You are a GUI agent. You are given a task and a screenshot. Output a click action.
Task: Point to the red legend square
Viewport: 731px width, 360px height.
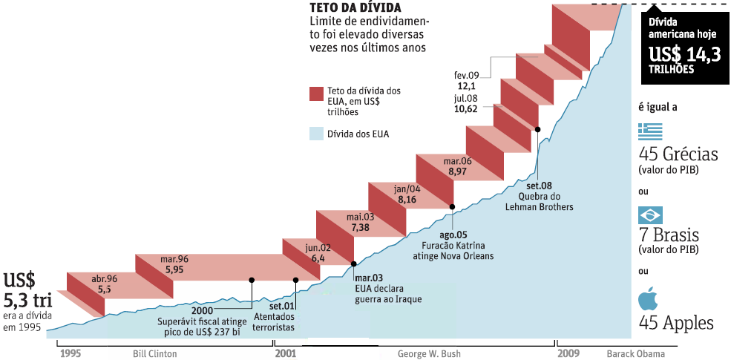316,93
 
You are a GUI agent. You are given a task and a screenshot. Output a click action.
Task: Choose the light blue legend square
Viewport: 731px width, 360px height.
316,134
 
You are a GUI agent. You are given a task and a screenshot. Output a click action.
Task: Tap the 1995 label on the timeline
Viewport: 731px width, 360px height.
71,353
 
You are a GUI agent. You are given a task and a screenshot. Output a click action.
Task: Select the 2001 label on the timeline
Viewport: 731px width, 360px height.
286,353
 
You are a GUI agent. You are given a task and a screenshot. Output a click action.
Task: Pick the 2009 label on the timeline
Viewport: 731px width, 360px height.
568,353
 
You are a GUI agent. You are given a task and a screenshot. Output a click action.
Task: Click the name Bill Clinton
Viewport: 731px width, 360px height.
154,354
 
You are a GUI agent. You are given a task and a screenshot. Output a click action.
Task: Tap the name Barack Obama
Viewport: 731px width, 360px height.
636,354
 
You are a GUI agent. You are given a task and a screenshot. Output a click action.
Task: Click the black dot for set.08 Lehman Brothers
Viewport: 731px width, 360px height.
537,129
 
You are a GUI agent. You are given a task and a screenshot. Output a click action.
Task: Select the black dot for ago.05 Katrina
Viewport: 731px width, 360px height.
453,206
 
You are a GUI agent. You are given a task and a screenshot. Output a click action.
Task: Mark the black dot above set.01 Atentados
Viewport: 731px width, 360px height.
296,280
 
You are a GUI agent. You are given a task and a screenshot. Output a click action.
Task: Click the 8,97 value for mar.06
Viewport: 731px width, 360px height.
457,172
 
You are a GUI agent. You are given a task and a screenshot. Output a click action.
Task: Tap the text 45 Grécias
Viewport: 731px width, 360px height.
678,156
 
